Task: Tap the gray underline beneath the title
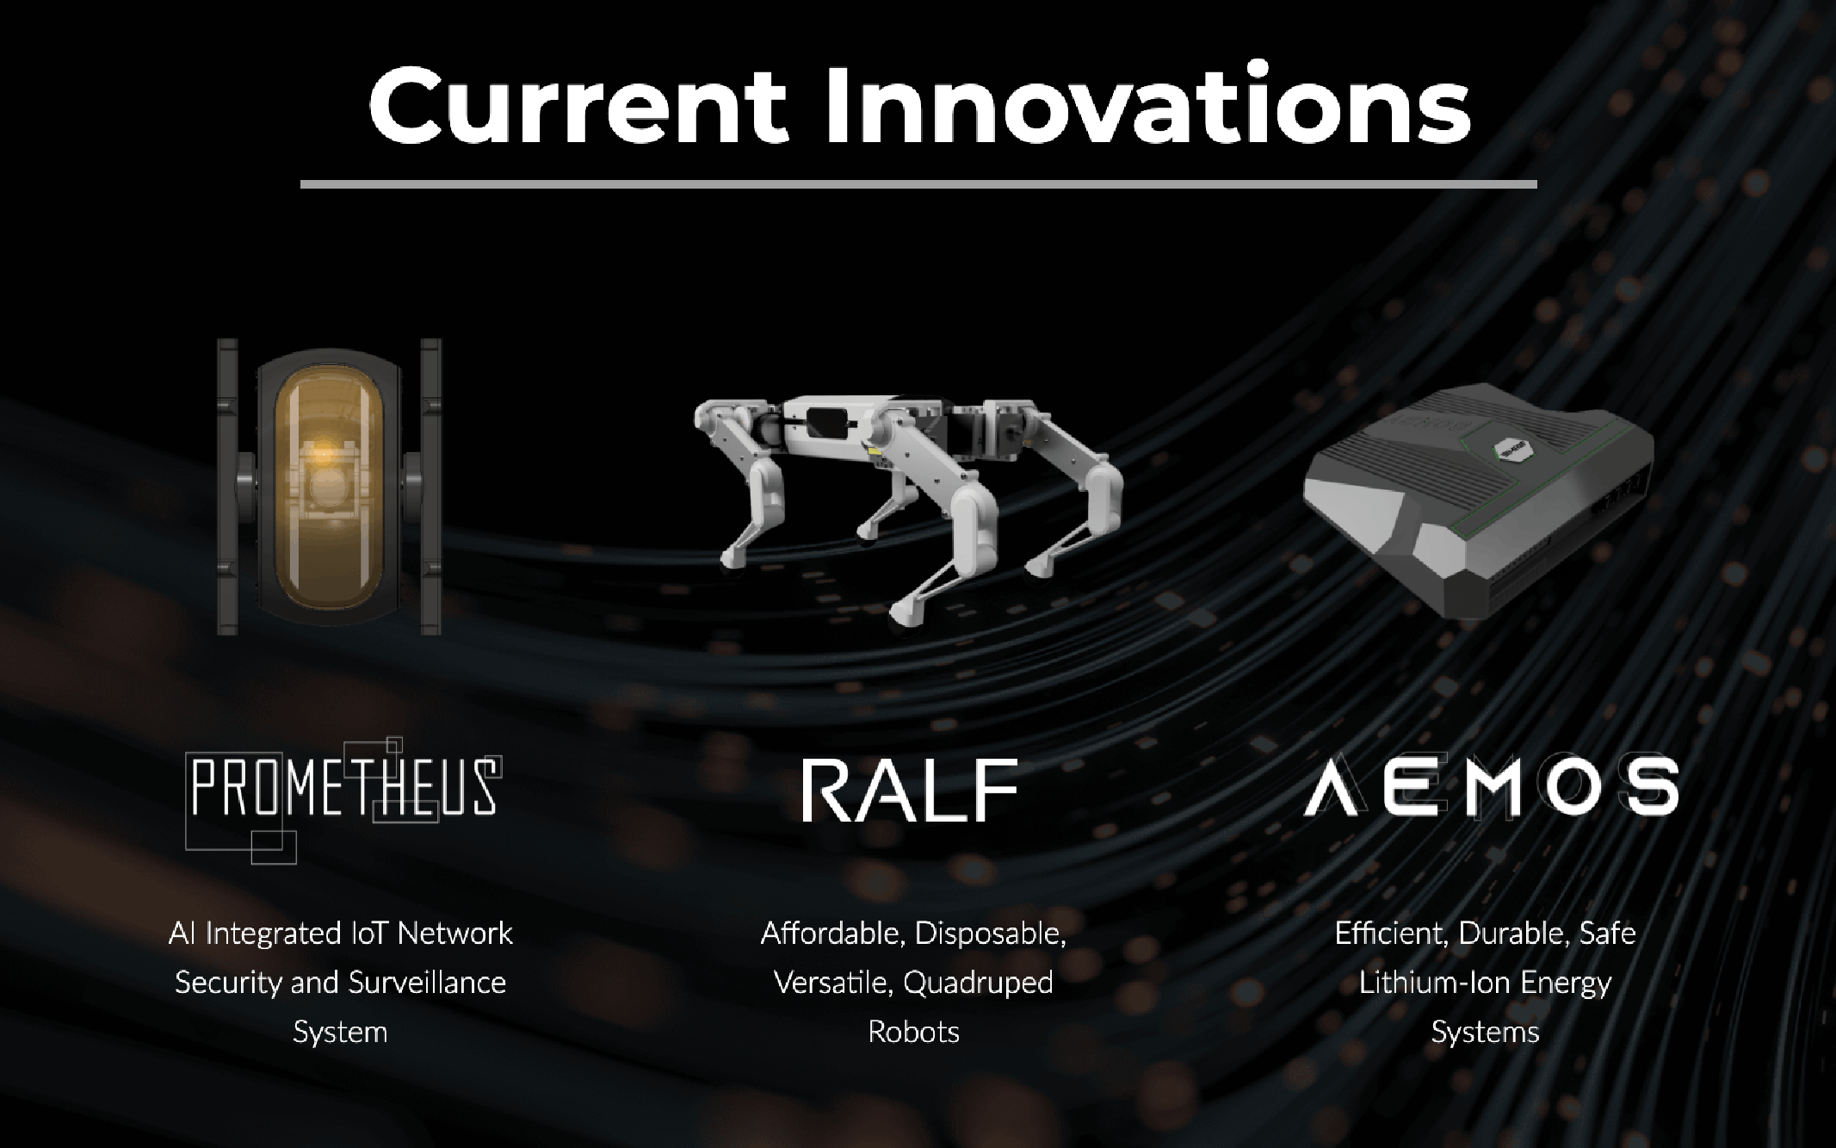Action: click(918, 184)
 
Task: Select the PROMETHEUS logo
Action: click(343, 800)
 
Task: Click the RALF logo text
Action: click(910, 790)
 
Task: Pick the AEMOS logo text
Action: click(1492, 785)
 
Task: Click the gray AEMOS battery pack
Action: click(1479, 501)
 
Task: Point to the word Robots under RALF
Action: click(913, 1032)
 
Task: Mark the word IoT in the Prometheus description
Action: click(370, 934)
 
